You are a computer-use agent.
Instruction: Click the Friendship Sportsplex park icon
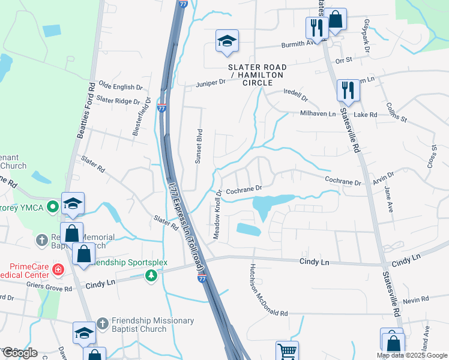[151, 275]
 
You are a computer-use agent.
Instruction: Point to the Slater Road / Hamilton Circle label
[258, 74]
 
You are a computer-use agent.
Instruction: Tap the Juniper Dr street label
[209, 84]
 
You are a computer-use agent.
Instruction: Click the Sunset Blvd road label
[199, 146]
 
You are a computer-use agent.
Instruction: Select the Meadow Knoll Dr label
[218, 213]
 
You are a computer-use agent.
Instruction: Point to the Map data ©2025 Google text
[412, 355]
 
